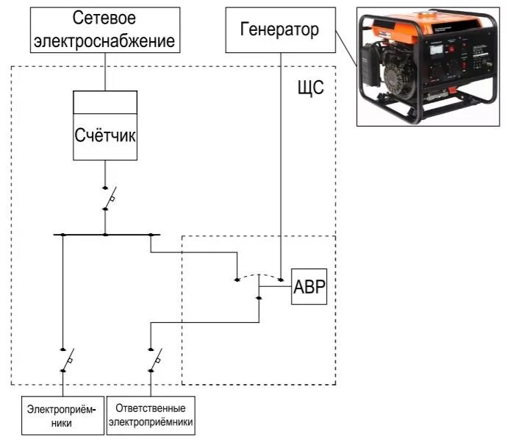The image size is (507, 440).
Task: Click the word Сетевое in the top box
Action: pos(104,18)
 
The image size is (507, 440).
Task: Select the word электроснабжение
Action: pos(104,41)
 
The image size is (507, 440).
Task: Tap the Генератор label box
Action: pos(281,30)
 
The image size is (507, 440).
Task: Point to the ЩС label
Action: pos(310,88)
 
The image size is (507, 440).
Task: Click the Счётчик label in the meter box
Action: pos(105,135)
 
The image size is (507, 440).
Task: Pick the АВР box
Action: pos(309,286)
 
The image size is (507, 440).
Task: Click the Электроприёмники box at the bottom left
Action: pos(62,416)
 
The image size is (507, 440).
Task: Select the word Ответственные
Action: pos(151,408)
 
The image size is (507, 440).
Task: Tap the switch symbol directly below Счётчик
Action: pos(109,199)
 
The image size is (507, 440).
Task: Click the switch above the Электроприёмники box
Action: pos(68,360)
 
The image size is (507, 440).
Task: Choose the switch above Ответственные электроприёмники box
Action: pos(155,360)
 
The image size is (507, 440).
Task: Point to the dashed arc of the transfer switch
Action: pos(259,276)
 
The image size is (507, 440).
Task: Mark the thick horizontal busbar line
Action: pos(107,235)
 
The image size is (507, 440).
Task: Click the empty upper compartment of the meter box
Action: pos(105,102)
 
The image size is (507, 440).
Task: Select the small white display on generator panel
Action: pos(436,49)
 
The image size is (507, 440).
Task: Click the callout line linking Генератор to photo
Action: pos(346,49)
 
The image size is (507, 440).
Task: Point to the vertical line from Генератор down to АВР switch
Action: pos(281,166)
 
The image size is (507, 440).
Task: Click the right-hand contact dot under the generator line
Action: pos(281,280)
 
